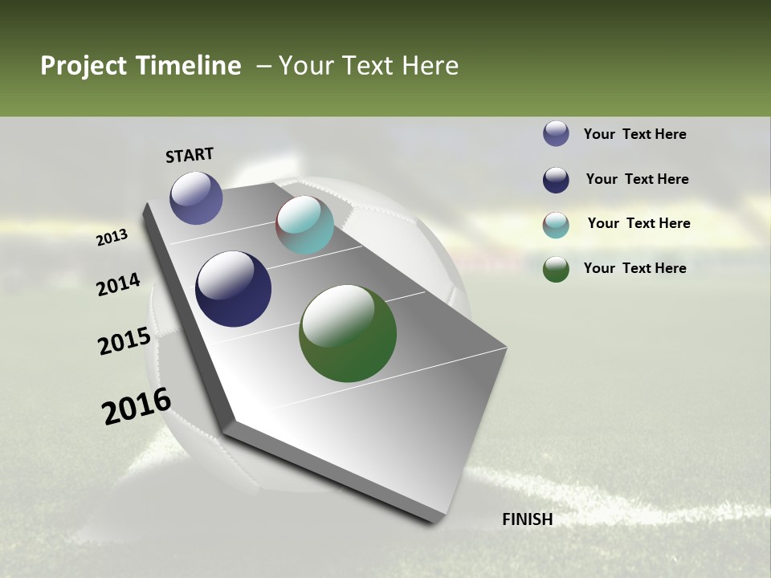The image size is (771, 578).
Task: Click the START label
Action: click(190, 155)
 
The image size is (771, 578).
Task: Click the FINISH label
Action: click(527, 519)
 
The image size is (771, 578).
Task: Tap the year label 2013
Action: click(112, 238)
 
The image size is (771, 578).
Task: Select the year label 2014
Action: click(118, 285)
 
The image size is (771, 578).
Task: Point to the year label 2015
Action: click(124, 341)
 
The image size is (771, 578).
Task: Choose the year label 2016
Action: click(137, 406)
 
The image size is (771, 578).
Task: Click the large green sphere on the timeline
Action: click(348, 333)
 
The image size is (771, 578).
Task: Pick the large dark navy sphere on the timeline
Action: click(233, 289)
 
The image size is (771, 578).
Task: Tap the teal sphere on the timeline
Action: click(304, 225)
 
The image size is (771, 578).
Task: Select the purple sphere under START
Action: click(196, 197)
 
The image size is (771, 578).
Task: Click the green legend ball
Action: click(556, 269)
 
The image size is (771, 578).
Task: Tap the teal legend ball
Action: click(556, 225)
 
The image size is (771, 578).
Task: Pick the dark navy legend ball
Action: click(556, 180)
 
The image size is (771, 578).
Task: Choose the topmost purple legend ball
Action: click(556, 133)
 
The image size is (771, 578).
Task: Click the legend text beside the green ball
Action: click(634, 268)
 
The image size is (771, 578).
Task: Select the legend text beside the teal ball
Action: click(638, 223)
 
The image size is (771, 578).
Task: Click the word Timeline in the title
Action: click(187, 66)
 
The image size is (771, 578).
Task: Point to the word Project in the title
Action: click(84, 66)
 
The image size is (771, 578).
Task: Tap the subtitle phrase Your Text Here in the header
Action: click(368, 66)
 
